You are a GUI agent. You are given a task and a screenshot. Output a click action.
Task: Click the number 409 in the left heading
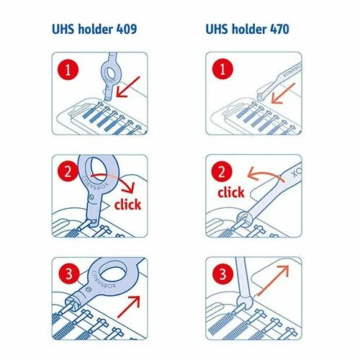point(127,30)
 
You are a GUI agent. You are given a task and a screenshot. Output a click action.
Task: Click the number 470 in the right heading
point(279,30)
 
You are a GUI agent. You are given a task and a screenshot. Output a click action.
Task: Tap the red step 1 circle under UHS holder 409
point(68,70)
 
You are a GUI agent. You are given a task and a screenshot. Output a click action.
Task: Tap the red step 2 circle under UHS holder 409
point(68,172)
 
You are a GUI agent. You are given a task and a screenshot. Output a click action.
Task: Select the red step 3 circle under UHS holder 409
point(68,274)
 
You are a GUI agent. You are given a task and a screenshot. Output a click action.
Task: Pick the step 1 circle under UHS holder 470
point(222,69)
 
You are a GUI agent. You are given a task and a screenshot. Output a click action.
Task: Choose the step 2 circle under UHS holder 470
point(222,172)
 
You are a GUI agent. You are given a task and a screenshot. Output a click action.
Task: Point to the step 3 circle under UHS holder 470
point(222,274)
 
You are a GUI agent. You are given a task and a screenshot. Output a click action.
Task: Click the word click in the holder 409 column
point(127,204)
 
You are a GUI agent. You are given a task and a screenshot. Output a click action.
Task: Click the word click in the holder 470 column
point(231,192)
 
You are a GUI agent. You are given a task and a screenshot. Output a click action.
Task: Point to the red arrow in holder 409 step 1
point(127,87)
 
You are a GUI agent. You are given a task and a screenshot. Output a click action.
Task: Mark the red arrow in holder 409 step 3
point(129,307)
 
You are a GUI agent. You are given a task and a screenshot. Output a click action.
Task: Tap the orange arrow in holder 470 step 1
point(283,94)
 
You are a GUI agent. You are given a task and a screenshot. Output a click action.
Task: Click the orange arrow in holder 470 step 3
point(274,280)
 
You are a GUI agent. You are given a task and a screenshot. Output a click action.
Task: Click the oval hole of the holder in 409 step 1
point(111,73)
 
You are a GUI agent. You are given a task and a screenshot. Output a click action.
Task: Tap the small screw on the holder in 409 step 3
point(89,290)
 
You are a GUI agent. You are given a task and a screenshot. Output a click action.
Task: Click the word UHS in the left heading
point(63,30)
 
